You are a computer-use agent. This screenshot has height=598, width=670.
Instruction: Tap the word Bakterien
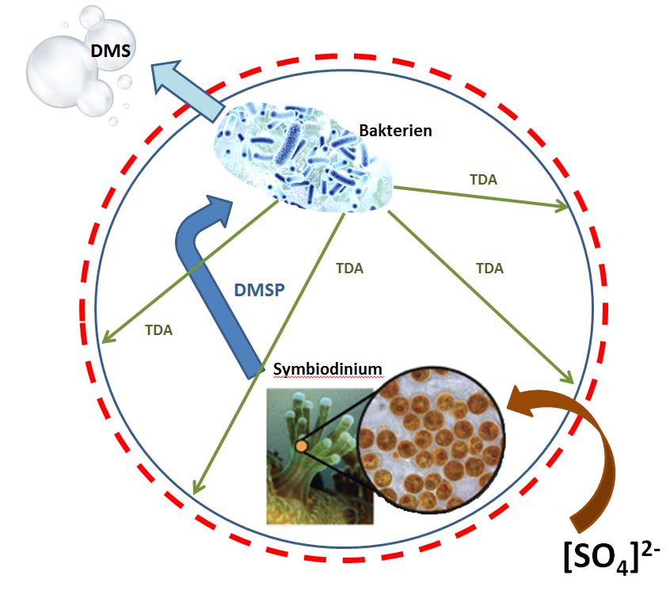[395, 129]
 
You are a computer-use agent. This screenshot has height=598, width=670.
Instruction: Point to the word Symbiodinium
[327, 369]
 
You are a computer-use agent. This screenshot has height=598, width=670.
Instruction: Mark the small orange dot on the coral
[302, 448]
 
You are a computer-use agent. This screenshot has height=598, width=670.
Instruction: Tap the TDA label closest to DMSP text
[348, 269]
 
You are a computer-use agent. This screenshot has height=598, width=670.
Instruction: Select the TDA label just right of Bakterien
[483, 179]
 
